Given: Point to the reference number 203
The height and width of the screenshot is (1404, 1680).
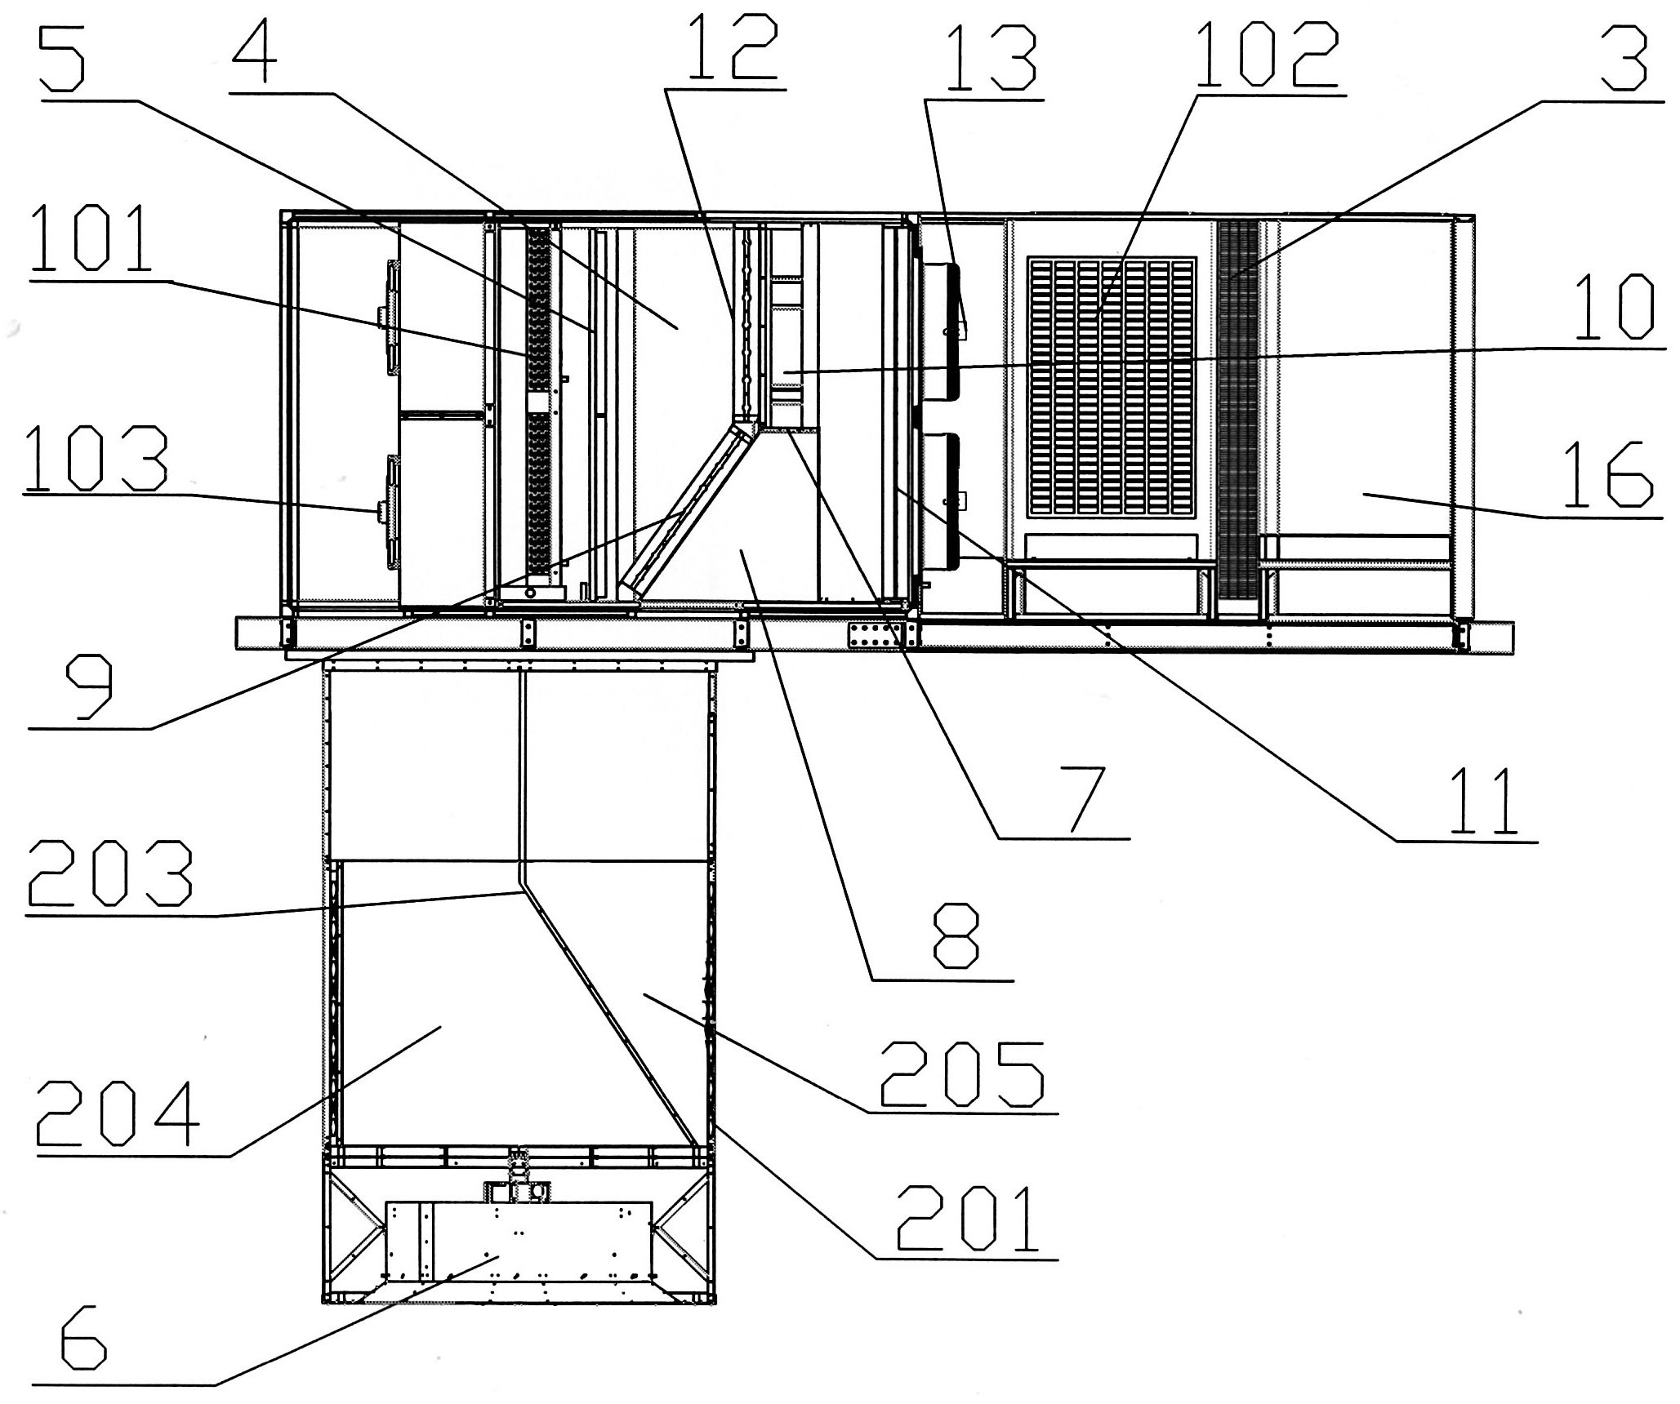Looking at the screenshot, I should click(109, 874).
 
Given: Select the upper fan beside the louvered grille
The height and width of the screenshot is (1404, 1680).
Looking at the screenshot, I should click(942, 331).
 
